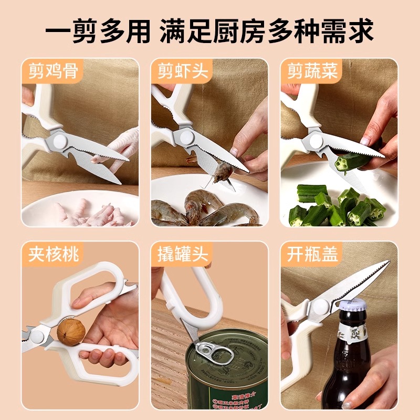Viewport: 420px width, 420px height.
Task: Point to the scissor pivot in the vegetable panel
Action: (x=316, y=141)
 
